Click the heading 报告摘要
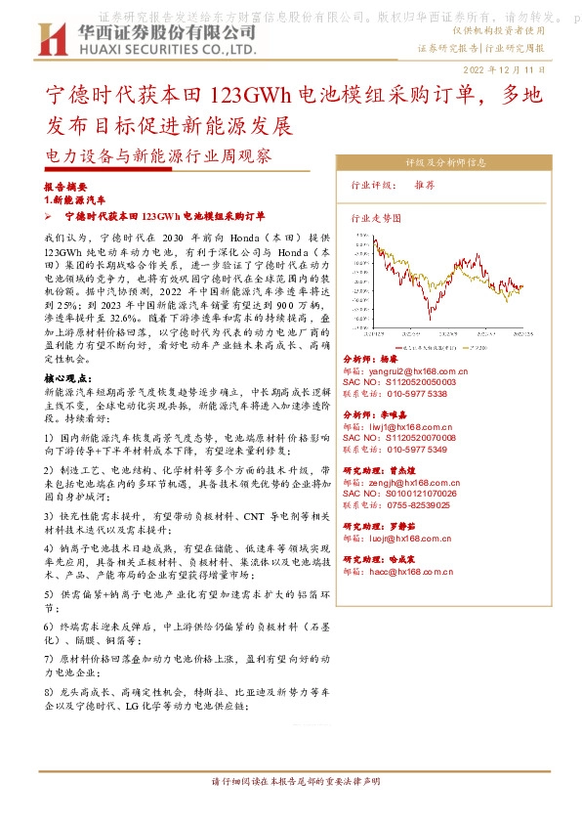(x=65, y=185)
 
